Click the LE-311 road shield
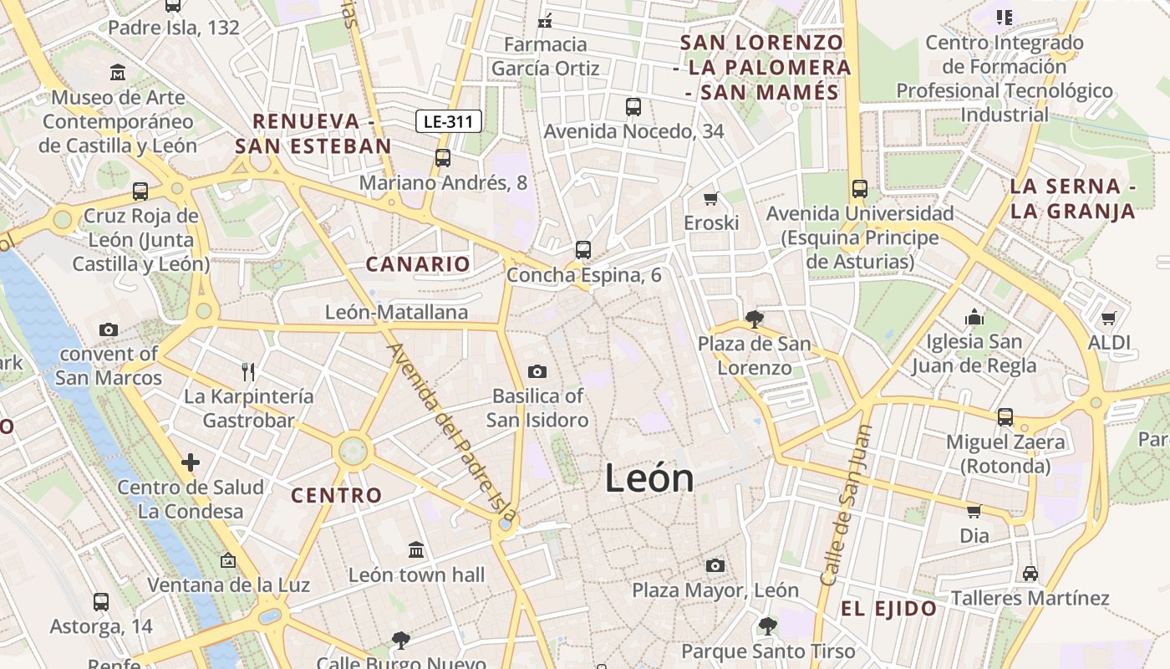449,121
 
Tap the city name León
649,478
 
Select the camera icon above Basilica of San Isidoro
537,371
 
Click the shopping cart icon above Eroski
711,198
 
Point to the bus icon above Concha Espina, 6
583,249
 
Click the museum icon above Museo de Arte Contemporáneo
118,73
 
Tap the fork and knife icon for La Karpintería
248,371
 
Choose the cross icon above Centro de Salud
191,462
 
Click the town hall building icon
416,549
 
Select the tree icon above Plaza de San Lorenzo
755,319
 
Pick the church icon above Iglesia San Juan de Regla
974,317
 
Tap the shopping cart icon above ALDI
1109,318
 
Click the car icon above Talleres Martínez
1030,574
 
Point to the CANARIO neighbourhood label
418,264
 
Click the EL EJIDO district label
888,609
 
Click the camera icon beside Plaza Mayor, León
715,566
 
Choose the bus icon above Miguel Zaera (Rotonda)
1005,416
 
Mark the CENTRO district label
336,495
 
